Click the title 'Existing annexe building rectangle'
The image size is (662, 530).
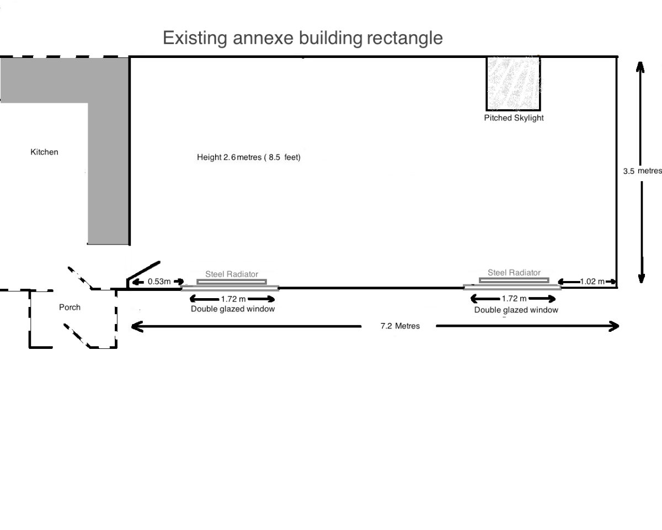click(302, 38)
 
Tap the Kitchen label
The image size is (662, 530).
click(44, 152)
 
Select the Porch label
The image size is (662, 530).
click(70, 307)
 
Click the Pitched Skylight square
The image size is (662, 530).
click(512, 83)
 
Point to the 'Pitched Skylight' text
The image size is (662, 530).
click(514, 118)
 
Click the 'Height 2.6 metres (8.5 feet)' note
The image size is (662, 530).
click(248, 157)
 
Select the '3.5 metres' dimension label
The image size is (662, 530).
click(642, 171)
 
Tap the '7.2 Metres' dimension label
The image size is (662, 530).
click(400, 326)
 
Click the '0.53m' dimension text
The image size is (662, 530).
click(159, 282)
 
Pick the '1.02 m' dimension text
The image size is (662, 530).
click(592, 282)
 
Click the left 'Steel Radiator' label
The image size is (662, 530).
click(232, 274)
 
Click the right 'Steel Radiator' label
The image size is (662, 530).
click(514, 273)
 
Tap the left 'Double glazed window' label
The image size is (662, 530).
click(233, 309)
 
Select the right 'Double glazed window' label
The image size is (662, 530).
click(516, 310)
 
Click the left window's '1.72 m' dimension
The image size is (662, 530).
click(233, 299)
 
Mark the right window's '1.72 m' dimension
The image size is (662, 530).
click(514, 299)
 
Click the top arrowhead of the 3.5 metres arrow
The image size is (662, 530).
click(640, 66)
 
